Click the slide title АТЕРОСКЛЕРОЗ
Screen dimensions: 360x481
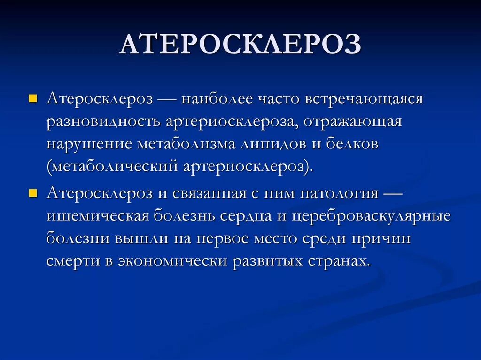point(240,45)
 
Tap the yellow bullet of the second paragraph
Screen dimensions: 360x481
point(32,194)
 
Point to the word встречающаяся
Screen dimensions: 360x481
point(364,100)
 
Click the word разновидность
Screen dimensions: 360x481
point(102,122)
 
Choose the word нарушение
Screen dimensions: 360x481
point(89,144)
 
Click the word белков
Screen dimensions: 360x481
point(351,144)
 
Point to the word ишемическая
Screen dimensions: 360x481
point(98,216)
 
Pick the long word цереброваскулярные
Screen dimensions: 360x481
point(371,216)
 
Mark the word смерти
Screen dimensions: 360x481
point(72,260)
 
